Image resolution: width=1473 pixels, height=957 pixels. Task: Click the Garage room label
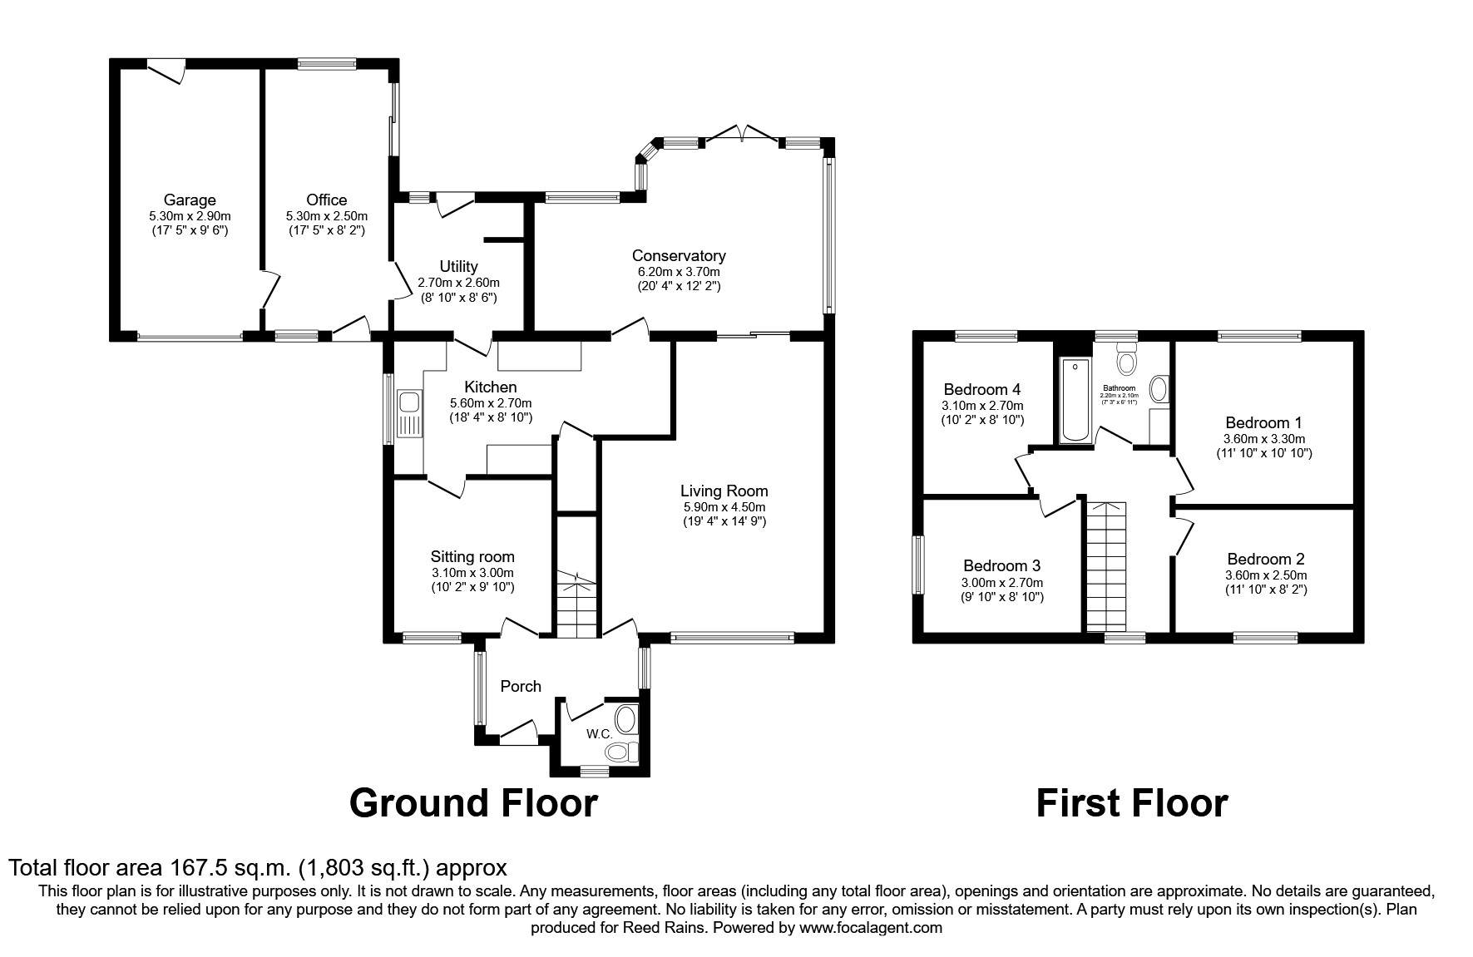click(190, 200)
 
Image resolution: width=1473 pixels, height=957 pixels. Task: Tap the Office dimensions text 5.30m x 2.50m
click(326, 215)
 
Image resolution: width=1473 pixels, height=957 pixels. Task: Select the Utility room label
click(458, 266)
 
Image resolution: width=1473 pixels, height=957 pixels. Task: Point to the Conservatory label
click(678, 256)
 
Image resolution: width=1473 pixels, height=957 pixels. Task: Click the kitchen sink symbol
click(410, 413)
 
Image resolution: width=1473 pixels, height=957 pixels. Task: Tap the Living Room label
click(724, 491)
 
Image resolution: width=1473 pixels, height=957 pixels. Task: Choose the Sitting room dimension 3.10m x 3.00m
click(472, 573)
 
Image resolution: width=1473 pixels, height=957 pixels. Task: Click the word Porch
click(521, 686)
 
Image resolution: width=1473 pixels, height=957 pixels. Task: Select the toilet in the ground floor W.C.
click(620, 752)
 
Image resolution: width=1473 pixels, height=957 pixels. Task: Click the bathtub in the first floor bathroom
click(1073, 399)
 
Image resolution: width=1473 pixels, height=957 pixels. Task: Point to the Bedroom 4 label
click(981, 389)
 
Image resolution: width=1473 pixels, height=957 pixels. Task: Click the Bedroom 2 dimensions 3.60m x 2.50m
click(1265, 575)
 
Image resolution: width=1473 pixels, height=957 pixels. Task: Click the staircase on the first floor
click(1107, 565)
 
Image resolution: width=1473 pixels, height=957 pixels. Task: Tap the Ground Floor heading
click(473, 803)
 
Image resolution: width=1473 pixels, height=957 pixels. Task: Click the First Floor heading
click(1131, 803)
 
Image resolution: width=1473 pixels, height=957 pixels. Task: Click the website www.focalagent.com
click(870, 927)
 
